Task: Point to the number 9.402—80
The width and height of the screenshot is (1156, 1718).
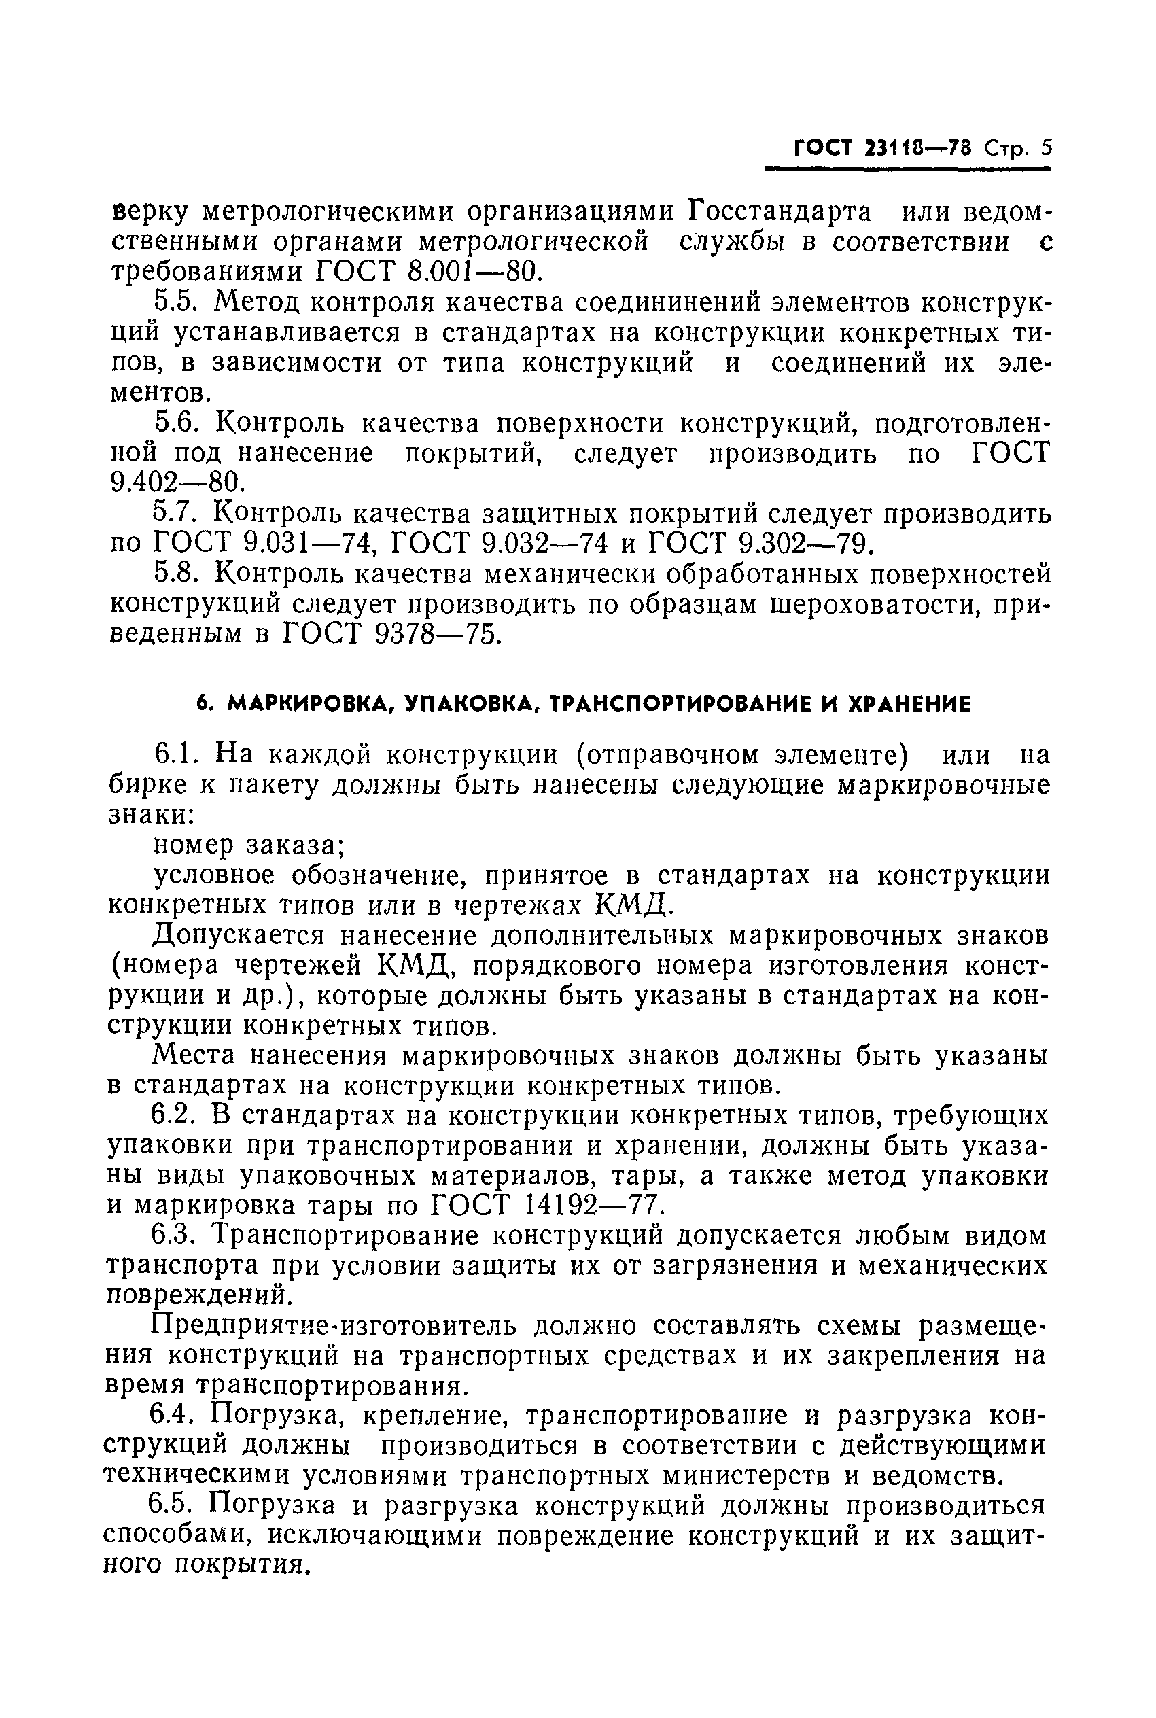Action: (175, 483)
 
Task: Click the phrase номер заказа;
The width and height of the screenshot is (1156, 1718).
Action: (249, 845)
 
